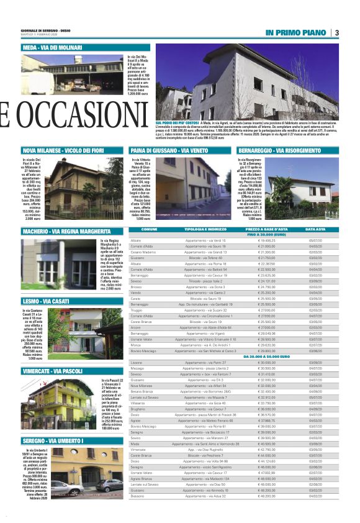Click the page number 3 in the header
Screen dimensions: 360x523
tap(336, 32)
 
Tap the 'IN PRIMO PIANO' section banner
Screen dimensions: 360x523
tap(295, 32)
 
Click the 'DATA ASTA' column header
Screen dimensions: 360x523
tap(315, 230)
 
